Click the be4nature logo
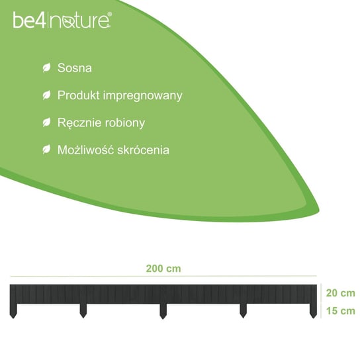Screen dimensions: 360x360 coord(62,21)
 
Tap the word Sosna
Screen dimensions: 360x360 coord(75,68)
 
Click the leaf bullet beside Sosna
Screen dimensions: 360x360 coord(46,68)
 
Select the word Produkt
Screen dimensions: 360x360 coord(79,95)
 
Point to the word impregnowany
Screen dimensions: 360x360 coord(143,96)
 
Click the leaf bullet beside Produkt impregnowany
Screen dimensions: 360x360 coord(46,95)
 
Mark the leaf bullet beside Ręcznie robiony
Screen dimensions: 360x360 coord(46,122)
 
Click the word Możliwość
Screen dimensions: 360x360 coord(85,150)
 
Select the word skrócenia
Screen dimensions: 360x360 coord(143,150)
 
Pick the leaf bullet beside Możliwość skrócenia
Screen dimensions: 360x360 coord(46,150)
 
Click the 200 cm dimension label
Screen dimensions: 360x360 coord(163,269)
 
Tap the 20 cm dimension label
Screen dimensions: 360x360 coord(341,293)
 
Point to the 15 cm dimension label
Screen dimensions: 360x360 coord(341,311)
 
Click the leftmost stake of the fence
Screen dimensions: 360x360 coord(13,311)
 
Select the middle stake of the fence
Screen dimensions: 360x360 coord(163,311)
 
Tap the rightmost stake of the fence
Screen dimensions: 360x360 coord(313,311)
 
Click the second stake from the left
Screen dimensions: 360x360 coord(83,311)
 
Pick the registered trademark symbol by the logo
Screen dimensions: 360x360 coord(110,15)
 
